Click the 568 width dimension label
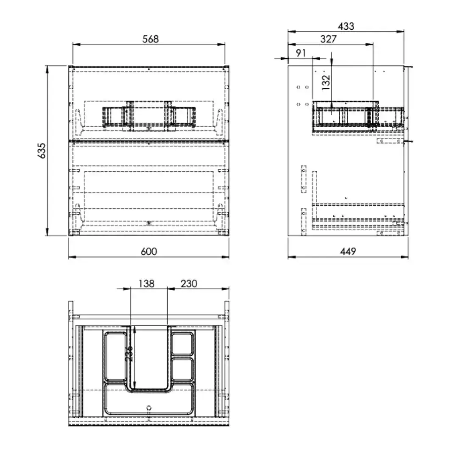151,39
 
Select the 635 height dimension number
42,151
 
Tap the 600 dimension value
149,251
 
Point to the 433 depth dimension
346,27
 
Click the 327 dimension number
329,39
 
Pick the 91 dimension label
301,53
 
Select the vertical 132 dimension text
326,82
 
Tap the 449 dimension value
348,251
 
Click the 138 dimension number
146,284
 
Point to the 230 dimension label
189,284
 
